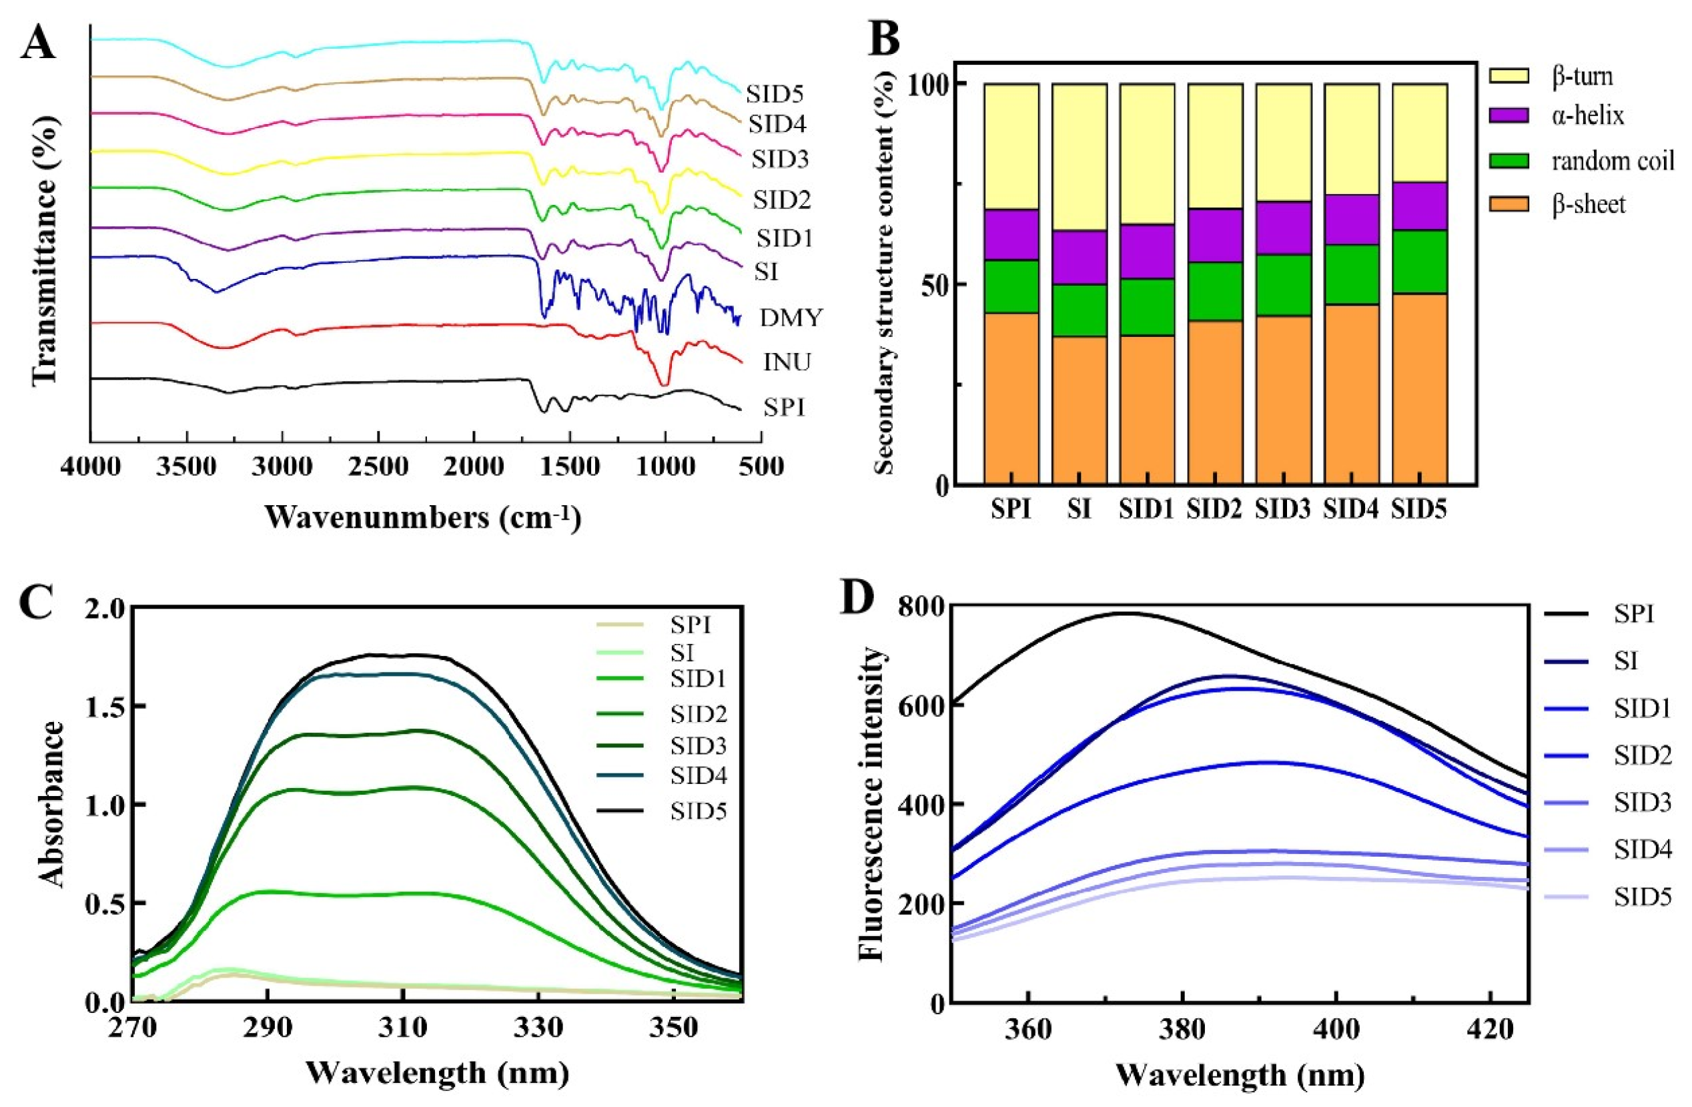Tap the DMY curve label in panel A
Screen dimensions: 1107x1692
point(791,318)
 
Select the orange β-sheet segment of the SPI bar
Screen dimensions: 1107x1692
point(1011,398)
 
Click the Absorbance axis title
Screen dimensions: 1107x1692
point(52,804)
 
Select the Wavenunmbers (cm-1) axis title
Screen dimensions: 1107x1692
point(423,517)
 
